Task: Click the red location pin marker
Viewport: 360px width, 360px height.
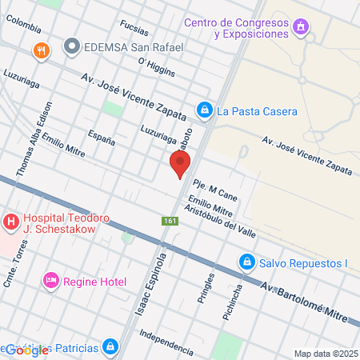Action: [180, 163]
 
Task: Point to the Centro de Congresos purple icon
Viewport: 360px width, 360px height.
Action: [301, 28]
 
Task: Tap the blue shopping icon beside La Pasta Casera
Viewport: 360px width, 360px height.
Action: [205, 110]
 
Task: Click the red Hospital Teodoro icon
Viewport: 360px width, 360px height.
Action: [11, 221]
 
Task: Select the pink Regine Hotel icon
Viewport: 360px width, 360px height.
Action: [50, 279]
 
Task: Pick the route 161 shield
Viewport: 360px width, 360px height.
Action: [170, 221]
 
